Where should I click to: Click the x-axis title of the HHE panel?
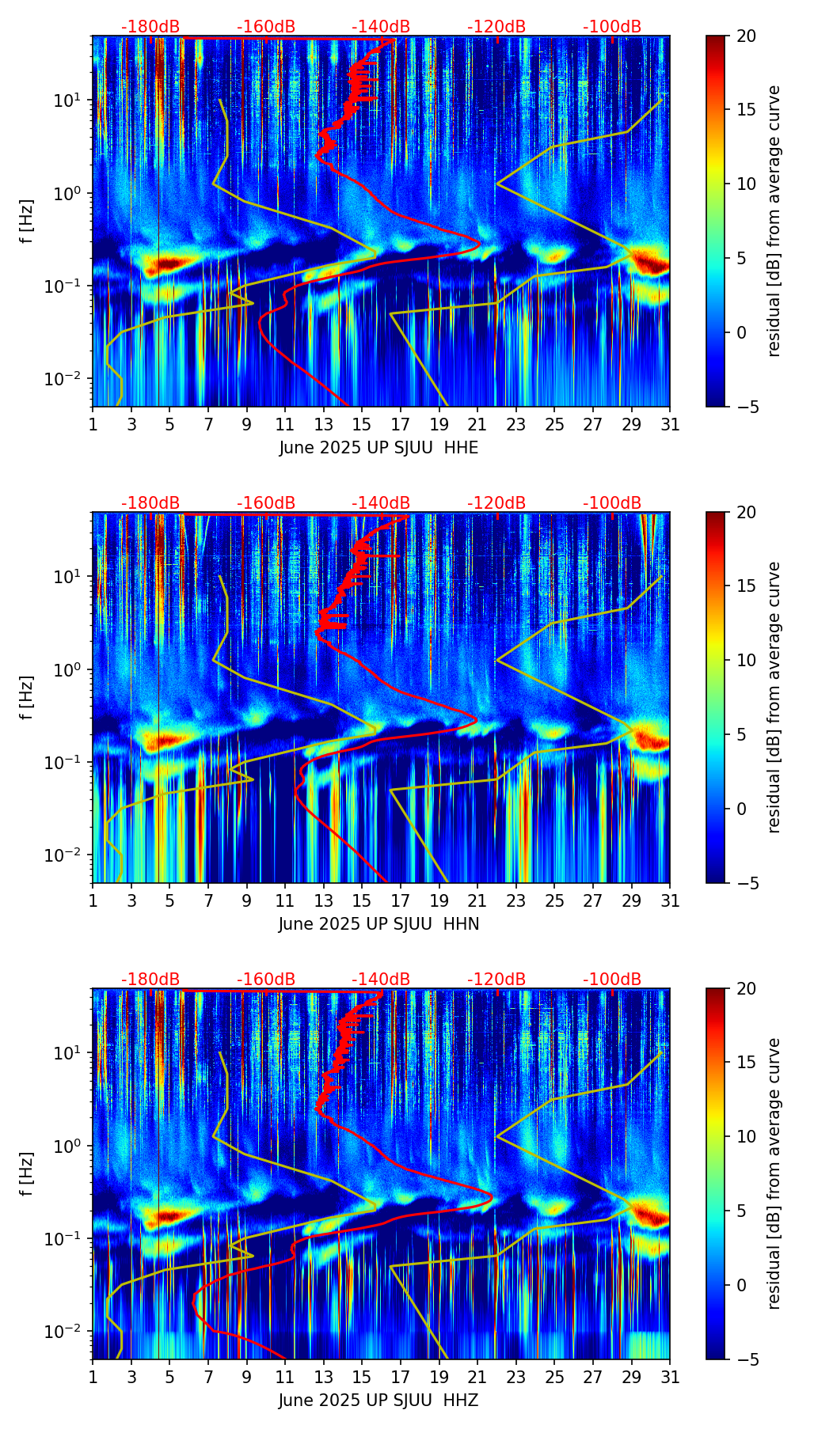378,448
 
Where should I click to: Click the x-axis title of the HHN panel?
378,924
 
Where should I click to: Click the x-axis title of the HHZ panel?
378,1401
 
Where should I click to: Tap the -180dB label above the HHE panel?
150,27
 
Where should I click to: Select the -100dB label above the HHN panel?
612,503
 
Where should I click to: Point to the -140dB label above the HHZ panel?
381,980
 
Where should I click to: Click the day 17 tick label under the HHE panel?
400,424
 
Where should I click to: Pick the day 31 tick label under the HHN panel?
669,900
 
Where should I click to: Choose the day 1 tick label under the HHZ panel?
93,1377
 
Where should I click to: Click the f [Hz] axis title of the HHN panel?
27,697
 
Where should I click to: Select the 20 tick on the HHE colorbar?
747,36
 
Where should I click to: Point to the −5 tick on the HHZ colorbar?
747,1359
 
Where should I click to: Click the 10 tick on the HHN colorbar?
747,660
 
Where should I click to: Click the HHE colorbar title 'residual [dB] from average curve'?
774,221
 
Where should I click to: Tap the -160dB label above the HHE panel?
266,27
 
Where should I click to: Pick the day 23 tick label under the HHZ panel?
515,1377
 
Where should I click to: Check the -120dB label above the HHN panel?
496,503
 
